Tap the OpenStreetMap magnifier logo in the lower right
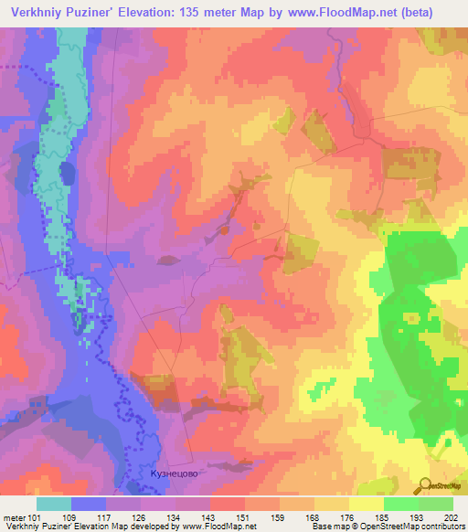[426, 484]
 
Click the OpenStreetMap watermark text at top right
[439, 239]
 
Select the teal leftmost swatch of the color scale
[54, 503]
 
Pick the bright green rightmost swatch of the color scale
[436, 503]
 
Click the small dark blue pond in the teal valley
[67, 173]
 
